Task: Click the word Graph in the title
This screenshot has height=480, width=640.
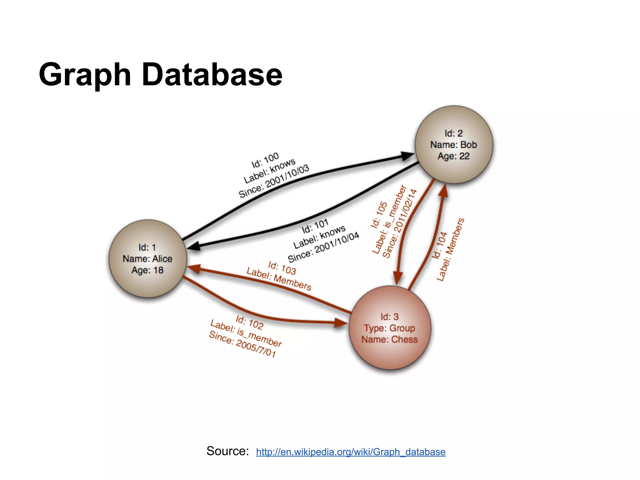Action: (85, 75)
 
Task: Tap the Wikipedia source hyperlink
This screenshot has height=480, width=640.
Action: (351, 452)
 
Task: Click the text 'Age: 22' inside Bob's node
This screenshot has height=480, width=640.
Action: (453, 156)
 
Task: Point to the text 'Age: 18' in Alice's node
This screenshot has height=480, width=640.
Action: (147, 270)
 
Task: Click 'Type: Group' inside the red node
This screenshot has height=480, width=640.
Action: (389, 328)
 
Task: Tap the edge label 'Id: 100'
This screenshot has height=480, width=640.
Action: (265, 160)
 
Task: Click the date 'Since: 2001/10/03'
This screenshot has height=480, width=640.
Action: (274, 181)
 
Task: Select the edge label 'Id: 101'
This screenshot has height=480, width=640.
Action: (315, 226)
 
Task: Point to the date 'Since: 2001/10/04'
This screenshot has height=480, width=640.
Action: (323, 247)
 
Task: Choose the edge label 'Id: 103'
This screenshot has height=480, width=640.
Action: (282, 268)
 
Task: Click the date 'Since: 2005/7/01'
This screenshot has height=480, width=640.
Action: (242, 344)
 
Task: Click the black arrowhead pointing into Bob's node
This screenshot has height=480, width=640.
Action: (407, 156)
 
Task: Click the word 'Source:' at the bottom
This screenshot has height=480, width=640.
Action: (227, 451)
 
